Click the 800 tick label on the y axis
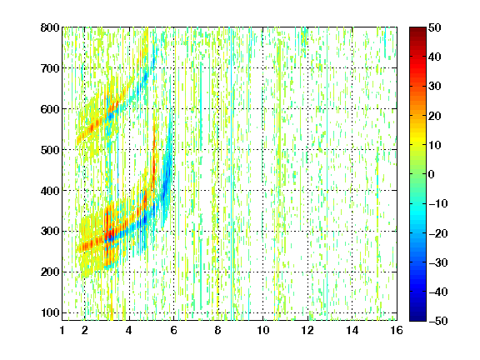coord(50,27)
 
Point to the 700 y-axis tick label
coord(50,68)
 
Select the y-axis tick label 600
coord(50,109)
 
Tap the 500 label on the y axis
coord(50,150)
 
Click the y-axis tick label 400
coord(50,191)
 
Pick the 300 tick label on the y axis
coord(50,232)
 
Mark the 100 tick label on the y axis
coord(50,312)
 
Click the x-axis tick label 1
coord(62,330)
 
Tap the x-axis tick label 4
coord(129,330)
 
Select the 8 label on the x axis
coord(218,330)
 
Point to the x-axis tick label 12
coord(307,330)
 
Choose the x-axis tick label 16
coord(397,330)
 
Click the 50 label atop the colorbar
coord(434,27)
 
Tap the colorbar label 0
coord(432,174)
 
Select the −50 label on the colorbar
coord(438,321)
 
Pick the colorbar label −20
coord(438,233)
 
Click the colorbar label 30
coord(434,87)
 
